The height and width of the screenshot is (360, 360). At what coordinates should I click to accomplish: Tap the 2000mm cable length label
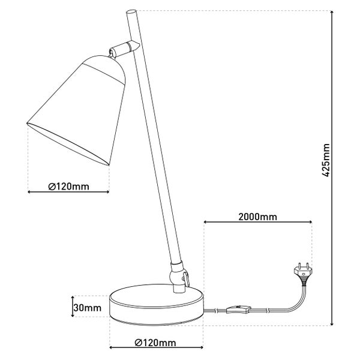tap(257, 216)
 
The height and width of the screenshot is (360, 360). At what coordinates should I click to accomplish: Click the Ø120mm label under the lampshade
tap(68, 186)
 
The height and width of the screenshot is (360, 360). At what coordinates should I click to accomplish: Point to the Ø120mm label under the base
tap(156, 343)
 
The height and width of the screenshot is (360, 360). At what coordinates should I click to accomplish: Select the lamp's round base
tap(156, 305)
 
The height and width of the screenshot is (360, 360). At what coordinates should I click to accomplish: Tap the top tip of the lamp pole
tap(131, 11)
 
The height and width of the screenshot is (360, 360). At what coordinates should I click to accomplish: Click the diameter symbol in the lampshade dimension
tap(52, 186)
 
